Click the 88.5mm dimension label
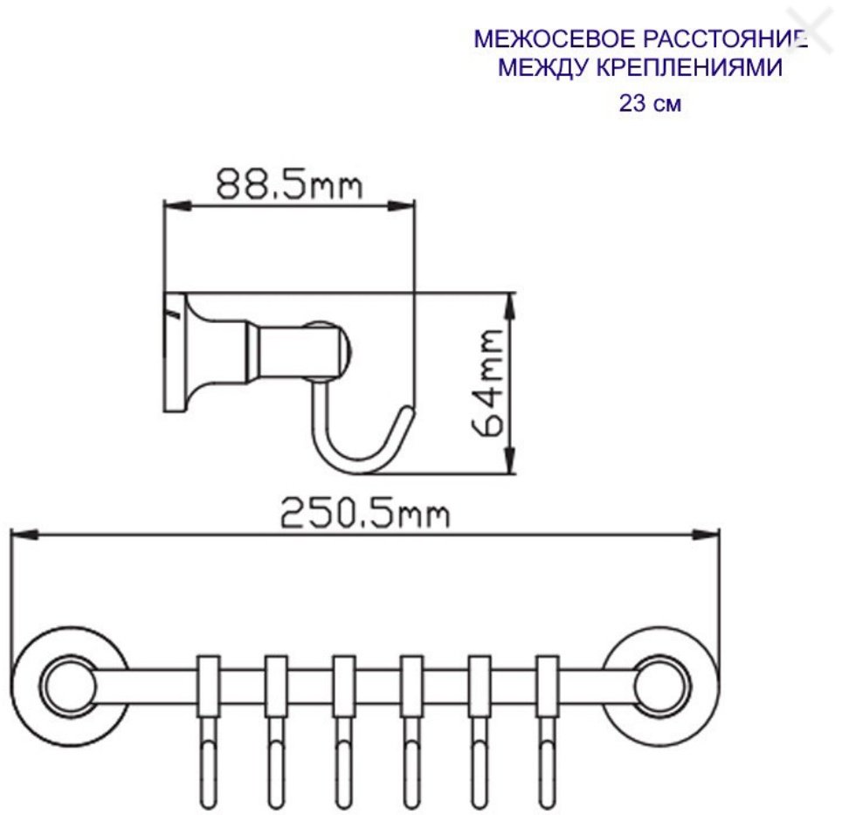[x=290, y=184]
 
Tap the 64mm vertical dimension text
[x=487, y=383]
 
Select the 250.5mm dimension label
[x=364, y=514]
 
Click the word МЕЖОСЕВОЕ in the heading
[x=554, y=39]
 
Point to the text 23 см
[x=651, y=103]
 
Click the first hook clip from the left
[x=209, y=686]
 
